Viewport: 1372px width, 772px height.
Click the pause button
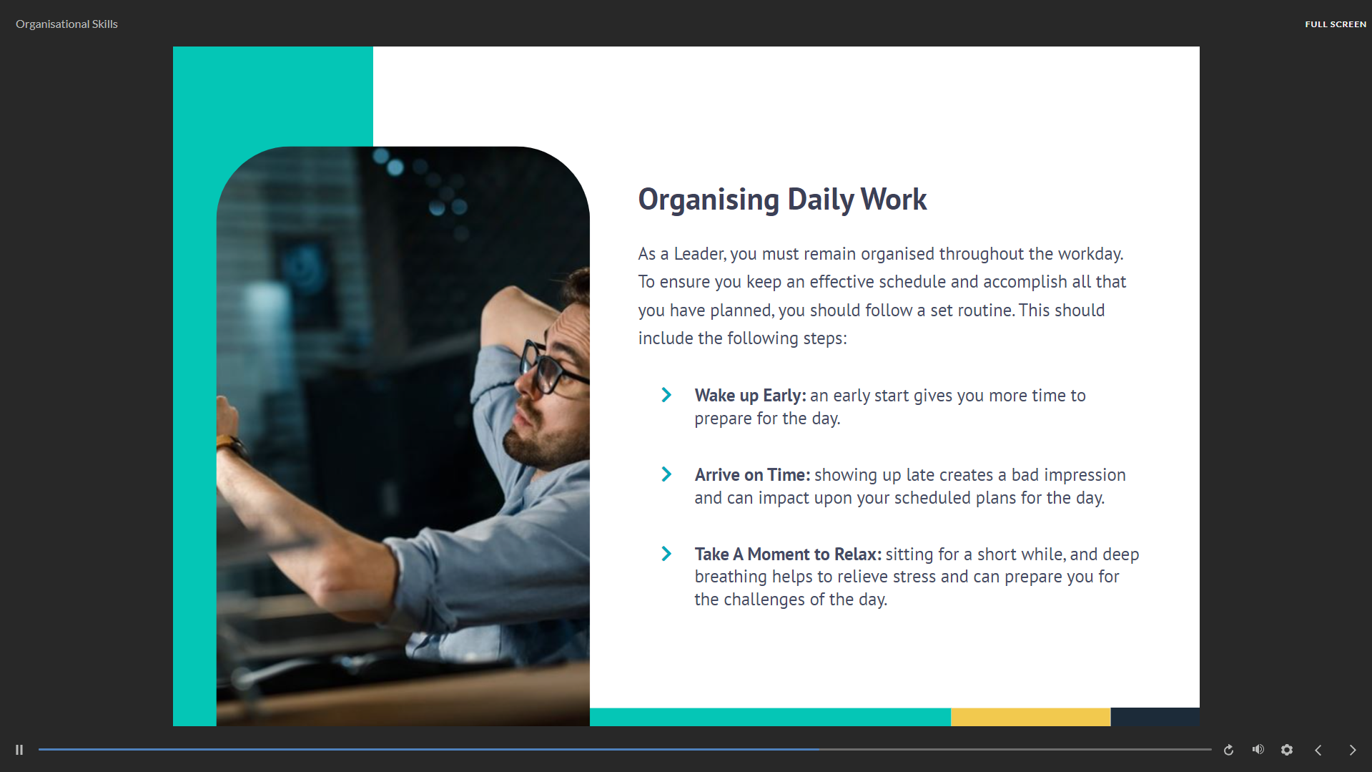pyautogui.click(x=19, y=750)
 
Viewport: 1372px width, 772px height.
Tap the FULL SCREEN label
pyautogui.click(x=1336, y=24)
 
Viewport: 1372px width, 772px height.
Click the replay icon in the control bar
pyautogui.click(x=1228, y=750)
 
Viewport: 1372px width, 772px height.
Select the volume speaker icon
pyautogui.click(x=1258, y=749)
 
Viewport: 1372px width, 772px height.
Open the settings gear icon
pyautogui.click(x=1287, y=750)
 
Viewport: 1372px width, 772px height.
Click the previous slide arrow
pyautogui.click(x=1318, y=750)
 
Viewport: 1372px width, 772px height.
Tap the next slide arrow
pyautogui.click(x=1352, y=750)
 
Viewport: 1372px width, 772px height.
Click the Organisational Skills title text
pyautogui.click(x=66, y=24)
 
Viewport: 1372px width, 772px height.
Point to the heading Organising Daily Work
pyautogui.click(x=782, y=199)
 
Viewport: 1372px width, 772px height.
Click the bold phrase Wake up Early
pyautogui.click(x=750, y=396)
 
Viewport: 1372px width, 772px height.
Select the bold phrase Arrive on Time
pyautogui.click(x=752, y=475)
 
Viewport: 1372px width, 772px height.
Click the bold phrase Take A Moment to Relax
pyautogui.click(x=788, y=554)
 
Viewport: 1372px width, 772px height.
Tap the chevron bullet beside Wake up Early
pyautogui.click(x=666, y=395)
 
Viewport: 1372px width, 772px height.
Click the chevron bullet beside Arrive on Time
pyautogui.click(x=666, y=474)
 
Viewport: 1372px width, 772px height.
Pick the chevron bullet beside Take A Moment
pyautogui.click(x=666, y=554)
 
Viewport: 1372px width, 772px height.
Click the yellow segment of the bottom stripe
pyautogui.click(x=1030, y=717)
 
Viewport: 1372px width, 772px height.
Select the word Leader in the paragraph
pyautogui.click(x=700, y=254)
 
